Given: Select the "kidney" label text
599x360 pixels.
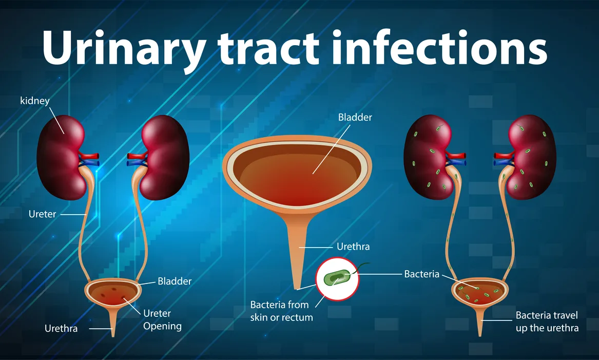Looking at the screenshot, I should click(x=35, y=100).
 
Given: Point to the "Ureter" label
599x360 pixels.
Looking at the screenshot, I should click(x=42, y=214).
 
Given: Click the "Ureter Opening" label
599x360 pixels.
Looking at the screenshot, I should click(x=162, y=319).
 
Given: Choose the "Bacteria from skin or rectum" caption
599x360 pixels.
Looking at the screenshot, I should click(x=279, y=311).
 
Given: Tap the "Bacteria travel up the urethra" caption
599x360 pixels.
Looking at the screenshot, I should click(x=547, y=321).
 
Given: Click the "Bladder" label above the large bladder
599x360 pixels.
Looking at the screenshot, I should click(x=355, y=117).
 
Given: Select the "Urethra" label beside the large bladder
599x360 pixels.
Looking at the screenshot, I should click(x=353, y=247).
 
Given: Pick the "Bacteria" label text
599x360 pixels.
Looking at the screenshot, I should click(x=422, y=274).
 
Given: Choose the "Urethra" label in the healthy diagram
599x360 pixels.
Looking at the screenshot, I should click(x=61, y=328).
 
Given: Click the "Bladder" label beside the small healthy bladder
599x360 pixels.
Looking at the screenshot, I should click(x=175, y=281).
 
